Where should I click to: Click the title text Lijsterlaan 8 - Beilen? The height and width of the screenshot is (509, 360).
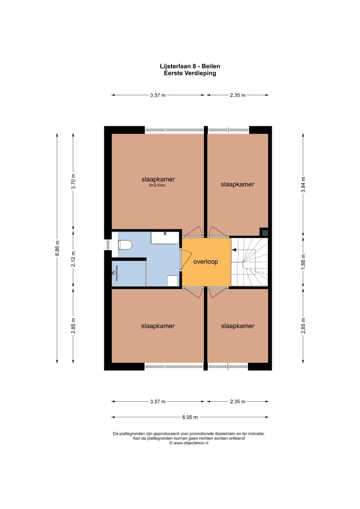click(x=190, y=66)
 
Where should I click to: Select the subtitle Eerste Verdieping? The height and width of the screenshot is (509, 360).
click(x=190, y=73)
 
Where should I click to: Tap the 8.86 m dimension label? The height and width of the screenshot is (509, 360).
click(x=57, y=248)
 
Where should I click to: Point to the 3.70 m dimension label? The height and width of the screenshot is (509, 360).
click(x=73, y=182)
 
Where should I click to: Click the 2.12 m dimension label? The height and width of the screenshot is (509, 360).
click(x=73, y=259)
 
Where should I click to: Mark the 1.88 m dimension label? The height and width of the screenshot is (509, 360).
click(x=303, y=261)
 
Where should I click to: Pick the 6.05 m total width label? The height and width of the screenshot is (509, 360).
click(x=190, y=417)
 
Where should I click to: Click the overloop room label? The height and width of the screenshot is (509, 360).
click(x=206, y=262)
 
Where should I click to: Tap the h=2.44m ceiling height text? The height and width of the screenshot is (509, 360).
click(x=157, y=185)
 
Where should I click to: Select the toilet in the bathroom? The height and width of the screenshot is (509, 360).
click(x=125, y=245)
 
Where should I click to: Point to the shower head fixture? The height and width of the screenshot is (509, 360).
click(x=115, y=273)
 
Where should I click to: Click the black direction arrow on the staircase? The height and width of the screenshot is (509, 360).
click(x=234, y=249)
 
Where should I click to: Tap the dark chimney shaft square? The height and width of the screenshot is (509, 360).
click(x=264, y=232)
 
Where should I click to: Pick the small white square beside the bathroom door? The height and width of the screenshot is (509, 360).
click(x=172, y=281)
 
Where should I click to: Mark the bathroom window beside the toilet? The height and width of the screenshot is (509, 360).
click(x=108, y=245)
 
